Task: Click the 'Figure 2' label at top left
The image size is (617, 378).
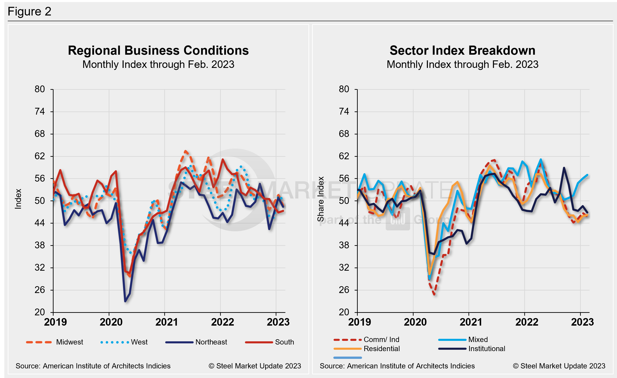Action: (x=30, y=12)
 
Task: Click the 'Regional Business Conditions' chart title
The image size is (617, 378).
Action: (x=158, y=51)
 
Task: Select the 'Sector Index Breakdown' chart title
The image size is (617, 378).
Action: (x=462, y=51)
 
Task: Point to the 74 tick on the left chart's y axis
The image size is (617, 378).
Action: (x=40, y=111)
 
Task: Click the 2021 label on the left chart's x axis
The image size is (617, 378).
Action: (x=167, y=322)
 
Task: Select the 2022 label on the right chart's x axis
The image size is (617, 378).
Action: (x=527, y=322)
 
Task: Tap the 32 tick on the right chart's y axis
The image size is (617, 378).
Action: (x=344, y=267)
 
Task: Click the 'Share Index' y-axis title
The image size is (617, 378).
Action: (x=321, y=199)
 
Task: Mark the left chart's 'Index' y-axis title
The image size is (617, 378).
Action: (x=18, y=199)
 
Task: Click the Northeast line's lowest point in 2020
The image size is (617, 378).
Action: (x=125, y=301)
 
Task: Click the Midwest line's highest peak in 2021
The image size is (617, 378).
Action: (x=185, y=151)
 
